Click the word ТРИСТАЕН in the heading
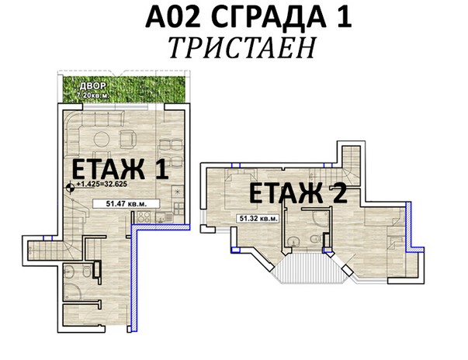(242, 48)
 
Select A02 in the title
(172, 17)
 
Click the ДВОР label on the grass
(93, 86)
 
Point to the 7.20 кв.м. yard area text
(93, 96)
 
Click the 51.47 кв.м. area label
(127, 204)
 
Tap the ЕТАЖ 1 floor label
(120, 169)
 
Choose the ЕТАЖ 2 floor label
(298, 194)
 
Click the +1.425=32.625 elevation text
(102, 185)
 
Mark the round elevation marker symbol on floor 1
(70, 188)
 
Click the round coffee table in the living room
(102, 139)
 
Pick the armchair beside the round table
(128, 139)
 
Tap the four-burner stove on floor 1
(144, 216)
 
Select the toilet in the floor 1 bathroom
(87, 272)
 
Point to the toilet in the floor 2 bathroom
(314, 239)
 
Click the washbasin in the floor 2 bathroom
(293, 241)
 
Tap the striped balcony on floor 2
(310, 268)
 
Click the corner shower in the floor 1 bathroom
(72, 291)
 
